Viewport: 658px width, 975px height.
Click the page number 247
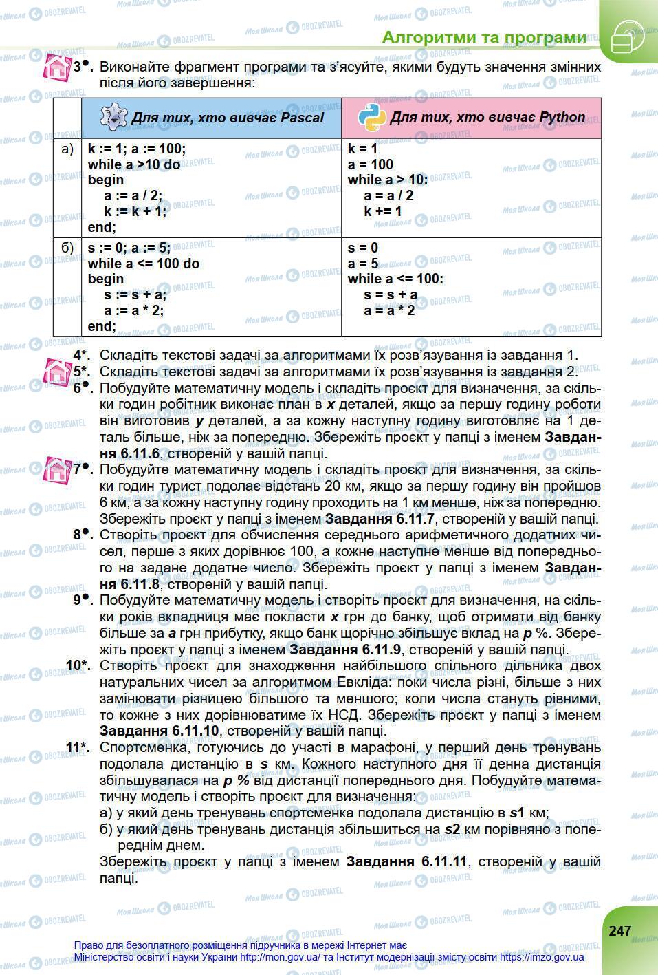click(x=619, y=930)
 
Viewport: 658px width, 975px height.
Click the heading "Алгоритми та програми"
click(x=484, y=37)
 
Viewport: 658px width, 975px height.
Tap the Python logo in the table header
click(x=372, y=118)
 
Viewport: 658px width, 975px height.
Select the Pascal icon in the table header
click(x=113, y=118)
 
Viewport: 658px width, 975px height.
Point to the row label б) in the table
click(x=67, y=248)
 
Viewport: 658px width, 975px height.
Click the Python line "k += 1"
click(x=383, y=211)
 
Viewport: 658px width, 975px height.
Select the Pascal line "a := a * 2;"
click(x=133, y=310)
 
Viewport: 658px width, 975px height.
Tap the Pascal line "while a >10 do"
click(x=134, y=164)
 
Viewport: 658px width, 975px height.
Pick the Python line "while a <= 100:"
click(x=396, y=279)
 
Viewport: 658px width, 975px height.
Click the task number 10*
click(x=78, y=665)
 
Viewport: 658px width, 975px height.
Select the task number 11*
click(x=78, y=747)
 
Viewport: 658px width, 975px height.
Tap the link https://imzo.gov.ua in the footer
click(x=542, y=957)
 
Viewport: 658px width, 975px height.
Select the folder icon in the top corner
click(x=626, y=36)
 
